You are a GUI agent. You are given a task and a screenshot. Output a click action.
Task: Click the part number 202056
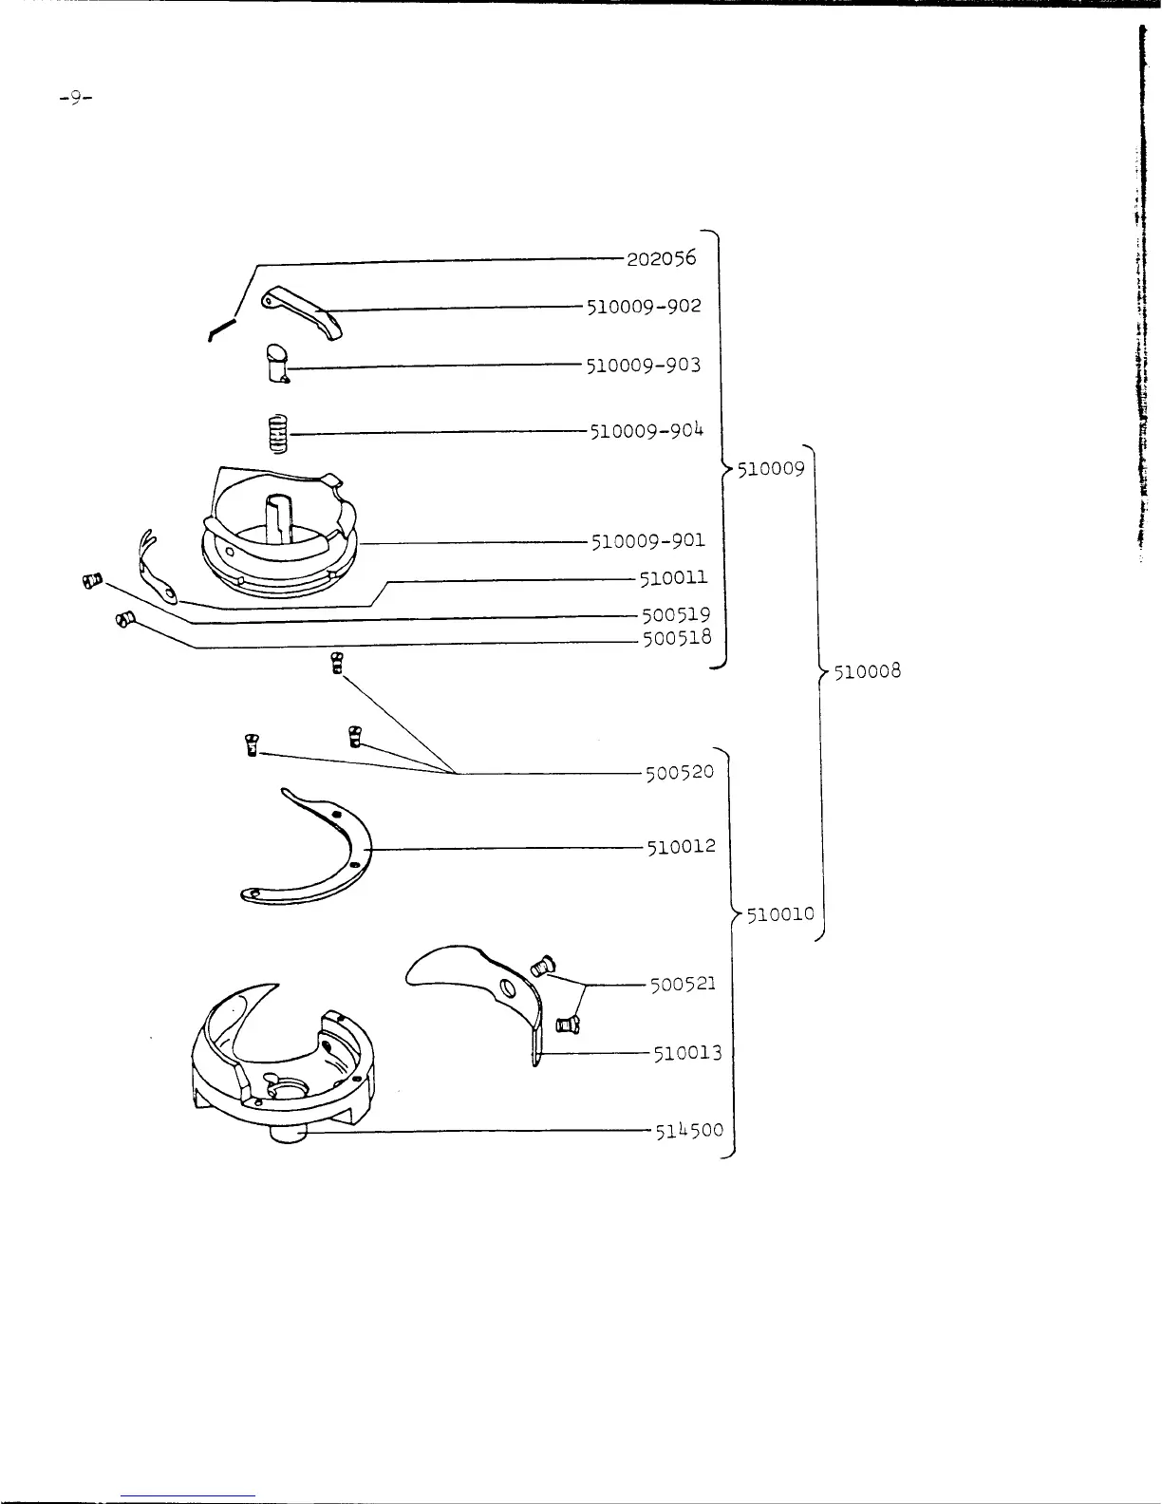tap(661, 258)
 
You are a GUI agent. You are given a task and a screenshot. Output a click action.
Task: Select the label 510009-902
tap(644, 306)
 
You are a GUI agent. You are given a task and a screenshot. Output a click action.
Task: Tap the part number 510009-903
tap(644, 365)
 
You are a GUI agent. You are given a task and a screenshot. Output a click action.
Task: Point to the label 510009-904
tap(647, 431)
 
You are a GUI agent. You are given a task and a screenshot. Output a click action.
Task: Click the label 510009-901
tap(648, 541)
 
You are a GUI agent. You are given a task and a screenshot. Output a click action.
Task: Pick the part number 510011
tap(673, 577)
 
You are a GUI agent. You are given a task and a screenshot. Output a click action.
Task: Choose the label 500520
tap(679, 772)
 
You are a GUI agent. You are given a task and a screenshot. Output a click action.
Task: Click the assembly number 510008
tap(867, 672)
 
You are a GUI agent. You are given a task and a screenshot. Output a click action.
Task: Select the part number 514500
tap(689, 1130)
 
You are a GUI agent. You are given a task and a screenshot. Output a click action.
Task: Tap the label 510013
tap(687, 1053)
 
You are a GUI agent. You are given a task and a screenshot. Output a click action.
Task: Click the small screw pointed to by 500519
tap(91, 580)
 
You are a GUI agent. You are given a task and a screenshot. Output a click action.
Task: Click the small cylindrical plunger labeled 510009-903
tap(277, 363)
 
